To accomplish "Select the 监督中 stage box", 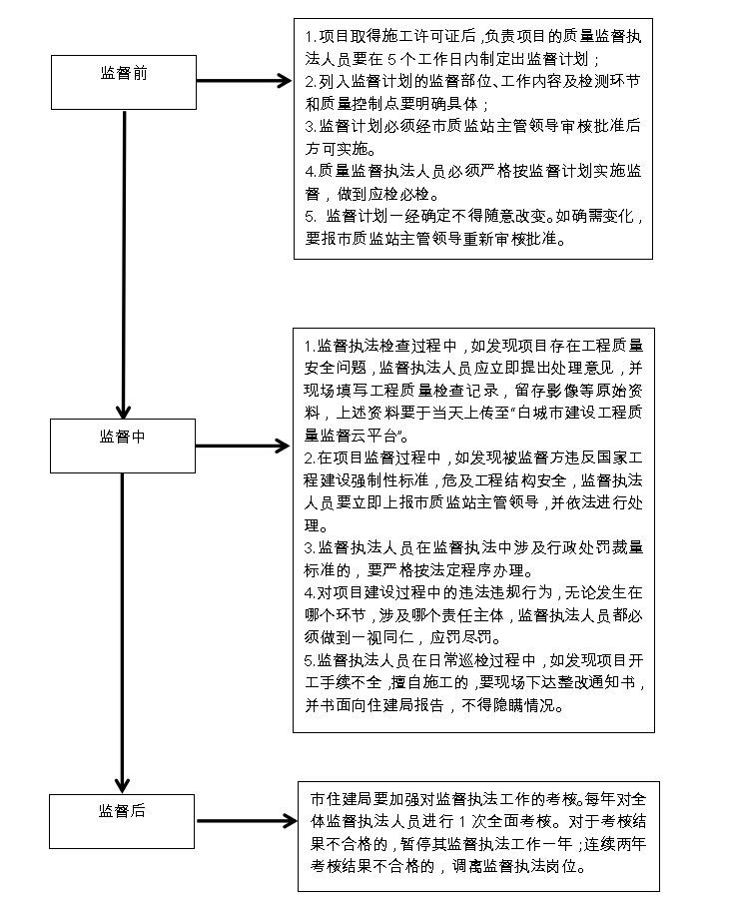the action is tap(123, 446).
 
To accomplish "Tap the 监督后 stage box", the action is tap(121, 821).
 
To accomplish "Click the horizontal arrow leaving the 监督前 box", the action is tap(245, 81).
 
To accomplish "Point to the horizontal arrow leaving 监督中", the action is tap(243, 446).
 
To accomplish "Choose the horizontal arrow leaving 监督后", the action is tap(247, 820).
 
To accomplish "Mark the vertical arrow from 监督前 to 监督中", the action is tap(124, 264).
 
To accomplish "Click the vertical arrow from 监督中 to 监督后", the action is tap(122, 633).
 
